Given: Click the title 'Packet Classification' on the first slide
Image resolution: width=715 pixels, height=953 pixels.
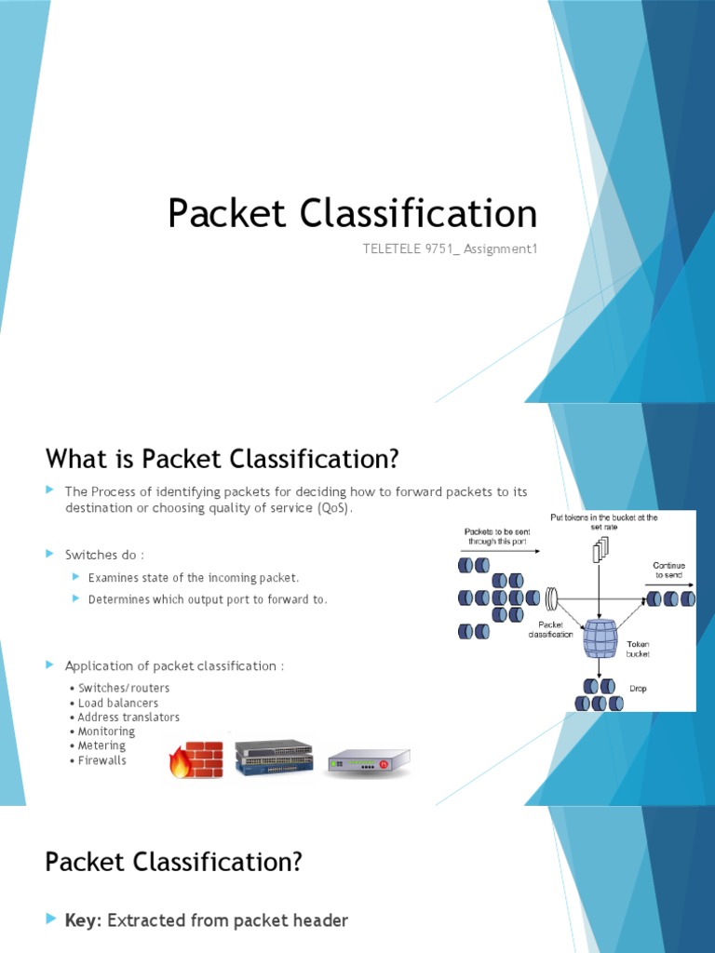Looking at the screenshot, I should tap(352, 213).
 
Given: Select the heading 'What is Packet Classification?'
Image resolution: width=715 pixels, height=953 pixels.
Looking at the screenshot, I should tap(222, 459).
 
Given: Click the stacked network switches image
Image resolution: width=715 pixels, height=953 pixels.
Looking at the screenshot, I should tap(274, 757).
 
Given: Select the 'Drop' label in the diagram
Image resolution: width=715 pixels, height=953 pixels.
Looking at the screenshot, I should tap(638, 689).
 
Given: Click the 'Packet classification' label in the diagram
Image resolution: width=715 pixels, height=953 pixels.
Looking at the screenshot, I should tap(550, 629).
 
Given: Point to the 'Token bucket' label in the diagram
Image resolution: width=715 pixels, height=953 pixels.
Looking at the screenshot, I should tap(638, 648).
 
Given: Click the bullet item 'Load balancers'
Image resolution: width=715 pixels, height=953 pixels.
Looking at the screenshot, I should tap(117, 703).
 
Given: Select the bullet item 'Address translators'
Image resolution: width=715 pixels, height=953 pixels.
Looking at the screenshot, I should tap(128, 718).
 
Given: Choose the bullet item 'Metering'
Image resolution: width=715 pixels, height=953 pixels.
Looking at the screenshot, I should tap(101, 745).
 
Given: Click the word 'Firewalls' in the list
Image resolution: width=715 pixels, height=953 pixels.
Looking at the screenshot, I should tap(101, 760).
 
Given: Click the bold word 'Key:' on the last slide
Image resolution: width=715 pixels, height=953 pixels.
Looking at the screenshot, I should tap(84, 920).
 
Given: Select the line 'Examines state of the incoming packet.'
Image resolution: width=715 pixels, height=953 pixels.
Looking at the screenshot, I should tap(194, 578).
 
